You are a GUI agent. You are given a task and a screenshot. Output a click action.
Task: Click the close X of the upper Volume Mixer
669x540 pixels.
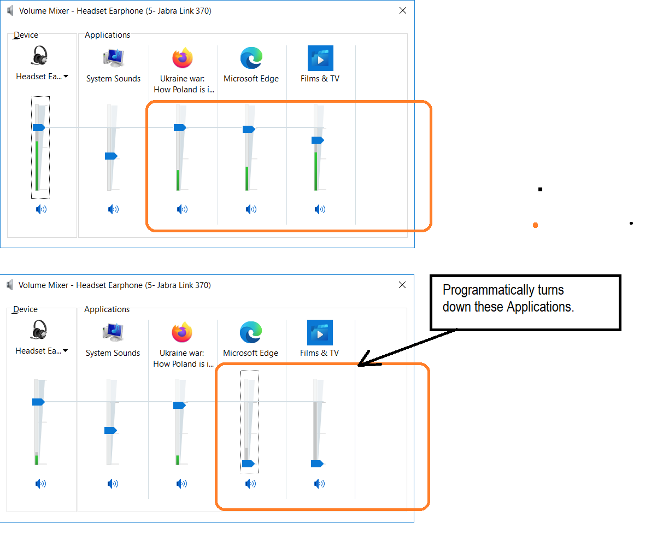[x=403, y=10]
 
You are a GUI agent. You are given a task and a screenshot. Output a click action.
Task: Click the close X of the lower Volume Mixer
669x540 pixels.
[x=402, y=285]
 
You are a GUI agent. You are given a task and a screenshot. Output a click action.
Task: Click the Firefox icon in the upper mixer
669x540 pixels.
[x=183, y=58]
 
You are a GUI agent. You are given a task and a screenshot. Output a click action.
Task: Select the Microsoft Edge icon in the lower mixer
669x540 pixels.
[x=251, y=332]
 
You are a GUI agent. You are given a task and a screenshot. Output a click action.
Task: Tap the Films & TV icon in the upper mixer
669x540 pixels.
[x=320, y=58]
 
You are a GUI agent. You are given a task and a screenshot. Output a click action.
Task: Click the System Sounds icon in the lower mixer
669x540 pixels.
[x=113, y=332]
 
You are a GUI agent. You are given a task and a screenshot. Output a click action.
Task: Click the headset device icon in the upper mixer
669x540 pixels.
[x=39, y=56]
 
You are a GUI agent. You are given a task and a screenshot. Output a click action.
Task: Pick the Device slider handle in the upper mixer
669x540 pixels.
[x=39, y=127]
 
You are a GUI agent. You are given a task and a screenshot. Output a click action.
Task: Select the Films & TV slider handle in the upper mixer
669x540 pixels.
[x=318, y=140]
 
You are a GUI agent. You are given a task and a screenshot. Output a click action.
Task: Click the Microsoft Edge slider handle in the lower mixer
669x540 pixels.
[x=248, y=463]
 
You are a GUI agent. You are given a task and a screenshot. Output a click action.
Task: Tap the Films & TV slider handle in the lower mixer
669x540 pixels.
[x=317, y=463]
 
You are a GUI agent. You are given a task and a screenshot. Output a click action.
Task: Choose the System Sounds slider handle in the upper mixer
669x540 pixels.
[x=111, y=156]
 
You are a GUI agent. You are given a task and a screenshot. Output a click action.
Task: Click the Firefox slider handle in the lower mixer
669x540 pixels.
[x=179, y=405]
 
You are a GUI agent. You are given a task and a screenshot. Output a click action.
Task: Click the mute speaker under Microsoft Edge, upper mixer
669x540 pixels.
[x=251, y=209]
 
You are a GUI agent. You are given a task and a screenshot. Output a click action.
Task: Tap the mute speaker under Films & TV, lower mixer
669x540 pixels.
[x=320, y=484]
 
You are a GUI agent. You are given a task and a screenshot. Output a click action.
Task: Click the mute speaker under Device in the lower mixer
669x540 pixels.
[x=41, y=484]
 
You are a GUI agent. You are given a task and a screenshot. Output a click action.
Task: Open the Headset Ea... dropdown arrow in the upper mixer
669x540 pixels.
[x=66, y=77]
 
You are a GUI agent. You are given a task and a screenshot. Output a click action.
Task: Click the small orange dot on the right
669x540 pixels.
[x=535, y=225]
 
